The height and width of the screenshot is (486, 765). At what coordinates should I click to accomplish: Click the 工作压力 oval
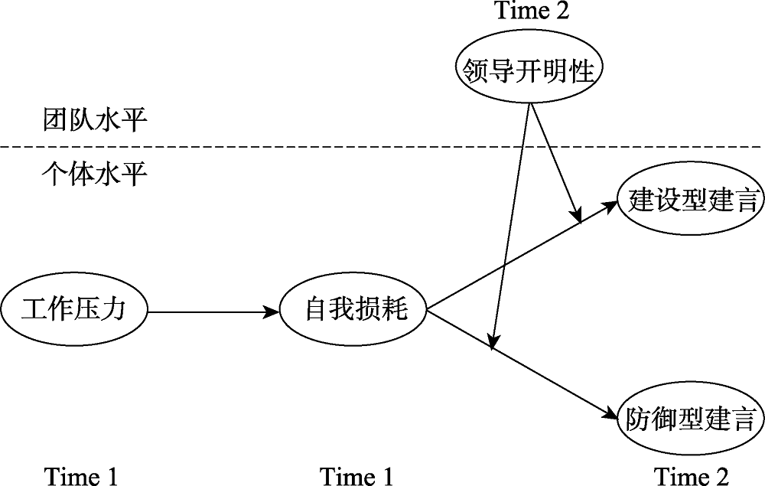point(73,311)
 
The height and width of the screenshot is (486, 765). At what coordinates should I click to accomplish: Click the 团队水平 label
point(93,120)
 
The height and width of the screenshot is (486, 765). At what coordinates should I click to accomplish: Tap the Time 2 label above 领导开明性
point(532,11)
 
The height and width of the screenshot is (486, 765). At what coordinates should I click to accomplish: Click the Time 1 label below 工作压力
point(81,476)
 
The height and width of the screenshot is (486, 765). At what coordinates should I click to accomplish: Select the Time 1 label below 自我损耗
point(356,476)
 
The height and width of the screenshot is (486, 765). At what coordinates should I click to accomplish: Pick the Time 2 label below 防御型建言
point(691,476)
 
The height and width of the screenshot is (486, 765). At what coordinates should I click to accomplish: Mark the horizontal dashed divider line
point(306,146)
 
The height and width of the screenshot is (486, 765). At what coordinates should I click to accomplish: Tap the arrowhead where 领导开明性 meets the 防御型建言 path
point(495,342)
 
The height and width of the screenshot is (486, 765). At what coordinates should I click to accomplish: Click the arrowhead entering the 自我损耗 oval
point(272,311)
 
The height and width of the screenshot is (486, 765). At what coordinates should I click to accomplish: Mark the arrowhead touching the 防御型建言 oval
point(610,414)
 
